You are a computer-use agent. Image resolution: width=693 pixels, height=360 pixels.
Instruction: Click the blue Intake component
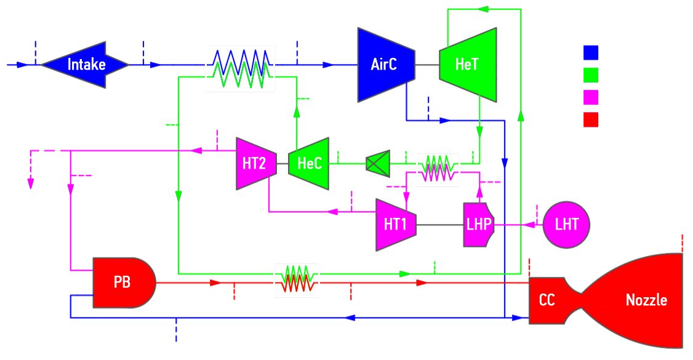[x=86, y=65]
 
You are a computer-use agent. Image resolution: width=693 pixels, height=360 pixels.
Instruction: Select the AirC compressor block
[x=385, y=65]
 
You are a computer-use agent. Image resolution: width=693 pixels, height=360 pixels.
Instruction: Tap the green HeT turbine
[x=468, y=65]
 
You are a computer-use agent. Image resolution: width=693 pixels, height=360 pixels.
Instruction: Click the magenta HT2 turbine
[x=255, y=164]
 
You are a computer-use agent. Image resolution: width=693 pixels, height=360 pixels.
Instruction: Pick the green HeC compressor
[x=309, y=164]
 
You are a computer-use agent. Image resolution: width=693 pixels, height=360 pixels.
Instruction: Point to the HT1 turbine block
[x=395, y=225]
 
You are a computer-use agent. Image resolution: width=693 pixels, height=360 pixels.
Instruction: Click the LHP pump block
[x=478, y=225]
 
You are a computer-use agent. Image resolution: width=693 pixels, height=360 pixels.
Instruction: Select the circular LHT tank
[x=566, y=225]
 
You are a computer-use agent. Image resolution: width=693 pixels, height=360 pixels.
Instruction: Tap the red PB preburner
[x=123, y=282]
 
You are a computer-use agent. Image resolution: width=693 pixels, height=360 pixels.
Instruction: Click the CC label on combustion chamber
[x=547, y=300]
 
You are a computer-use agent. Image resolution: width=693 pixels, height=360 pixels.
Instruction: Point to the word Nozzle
[x=646, y=300]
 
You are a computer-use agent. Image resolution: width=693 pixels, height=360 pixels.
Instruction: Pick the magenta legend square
[x=591, y=97]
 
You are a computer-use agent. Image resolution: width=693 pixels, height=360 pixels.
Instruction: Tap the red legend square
[x=591, y=119]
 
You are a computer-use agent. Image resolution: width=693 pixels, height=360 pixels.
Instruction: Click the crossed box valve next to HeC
[x=374, y=164]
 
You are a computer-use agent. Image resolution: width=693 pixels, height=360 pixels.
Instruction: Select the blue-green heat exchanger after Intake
[x=240, y=68]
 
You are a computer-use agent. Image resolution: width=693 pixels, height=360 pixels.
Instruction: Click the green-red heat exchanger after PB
[x=297, y=281]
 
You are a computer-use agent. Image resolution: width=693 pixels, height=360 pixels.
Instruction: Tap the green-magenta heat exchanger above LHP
[x=438, y=169]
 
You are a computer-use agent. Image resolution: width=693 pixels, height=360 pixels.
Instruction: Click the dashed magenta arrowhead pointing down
[x=30, y=183]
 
